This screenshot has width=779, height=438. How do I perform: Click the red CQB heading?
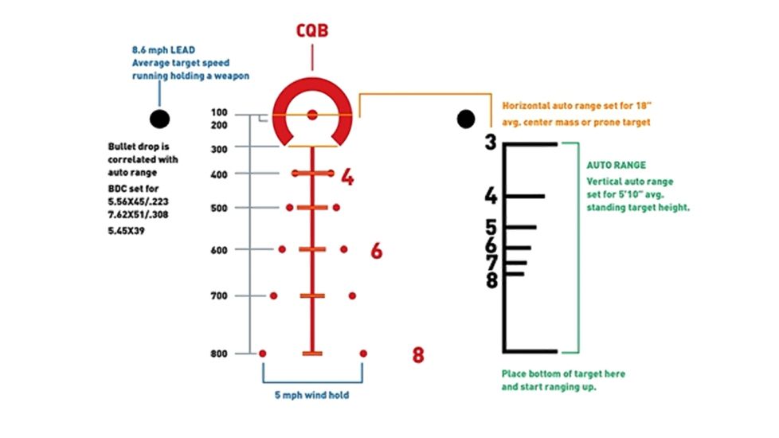point(311,32)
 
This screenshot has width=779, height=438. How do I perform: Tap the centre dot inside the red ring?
point(311,115)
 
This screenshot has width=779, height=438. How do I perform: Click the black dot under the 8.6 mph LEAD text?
point(159,119)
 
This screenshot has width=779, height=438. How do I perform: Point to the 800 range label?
point(220,353)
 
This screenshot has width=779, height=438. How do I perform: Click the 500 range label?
point(220,208)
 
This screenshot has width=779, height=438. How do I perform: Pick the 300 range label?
point(220,148)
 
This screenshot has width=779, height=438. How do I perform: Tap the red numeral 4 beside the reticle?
point(347,177)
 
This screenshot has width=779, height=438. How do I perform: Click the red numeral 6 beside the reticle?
point(376,251)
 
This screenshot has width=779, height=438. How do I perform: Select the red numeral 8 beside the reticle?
point(418,355)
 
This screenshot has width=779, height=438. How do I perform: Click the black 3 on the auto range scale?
point(491,143)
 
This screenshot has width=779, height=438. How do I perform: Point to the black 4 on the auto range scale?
point(491,196)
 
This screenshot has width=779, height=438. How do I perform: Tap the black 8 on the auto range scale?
point(491,280)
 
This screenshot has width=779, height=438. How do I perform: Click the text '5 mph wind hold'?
point(313,395)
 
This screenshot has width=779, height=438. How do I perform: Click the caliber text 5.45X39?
point(130,231)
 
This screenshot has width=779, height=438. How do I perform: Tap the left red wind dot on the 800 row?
point(263,353)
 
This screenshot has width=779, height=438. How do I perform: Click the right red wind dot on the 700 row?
point(351,295)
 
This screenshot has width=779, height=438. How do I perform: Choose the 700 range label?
point(220,295)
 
